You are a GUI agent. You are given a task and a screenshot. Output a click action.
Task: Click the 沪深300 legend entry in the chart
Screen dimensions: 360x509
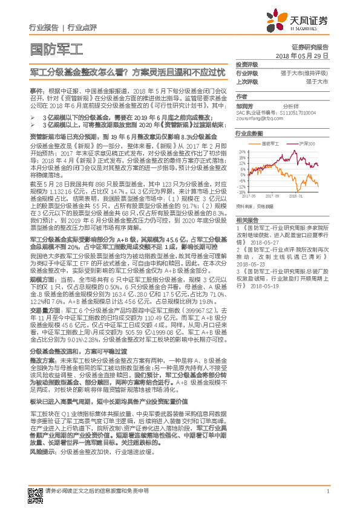pyautogui.click(x=308, y=143)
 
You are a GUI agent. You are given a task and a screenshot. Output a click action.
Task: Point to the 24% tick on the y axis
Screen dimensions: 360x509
pyautogui.click(x=242, y=151)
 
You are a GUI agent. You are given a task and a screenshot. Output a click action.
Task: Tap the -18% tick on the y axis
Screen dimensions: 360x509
pyautogui.click(x=242, y=192)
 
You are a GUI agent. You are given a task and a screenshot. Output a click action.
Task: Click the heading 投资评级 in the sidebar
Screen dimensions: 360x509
pyautogui.click(x=246, y=63)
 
